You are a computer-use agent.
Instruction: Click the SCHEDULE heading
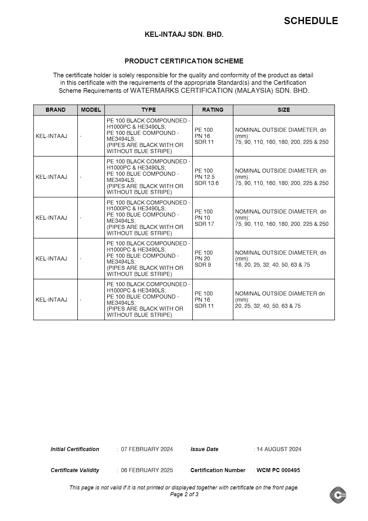[311, 21]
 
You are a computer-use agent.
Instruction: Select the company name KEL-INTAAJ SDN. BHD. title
[184, 35]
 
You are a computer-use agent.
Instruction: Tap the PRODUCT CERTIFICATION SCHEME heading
[184, 61]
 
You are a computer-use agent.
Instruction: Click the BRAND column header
[55, 110]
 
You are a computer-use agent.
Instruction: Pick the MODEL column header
[91, 110]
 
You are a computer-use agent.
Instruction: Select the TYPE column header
[148, 110]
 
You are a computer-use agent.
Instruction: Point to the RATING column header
[213, 110]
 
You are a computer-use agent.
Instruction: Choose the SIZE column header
[284, 110]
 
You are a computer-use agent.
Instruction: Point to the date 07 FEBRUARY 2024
[147, 449]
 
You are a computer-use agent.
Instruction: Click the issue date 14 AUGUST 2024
[279, 449]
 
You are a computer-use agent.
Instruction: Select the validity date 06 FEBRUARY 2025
[147, 470]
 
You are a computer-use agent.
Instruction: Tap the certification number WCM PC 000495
[278, 470]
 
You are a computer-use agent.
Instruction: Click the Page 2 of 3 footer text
[184, 494]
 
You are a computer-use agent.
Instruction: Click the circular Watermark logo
[338, 495]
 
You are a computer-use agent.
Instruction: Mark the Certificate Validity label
[75, 470]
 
